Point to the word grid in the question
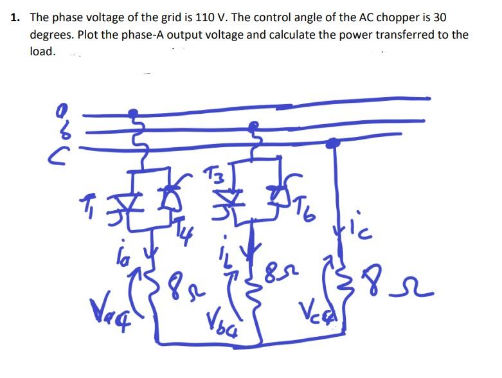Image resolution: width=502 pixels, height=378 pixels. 145,17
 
